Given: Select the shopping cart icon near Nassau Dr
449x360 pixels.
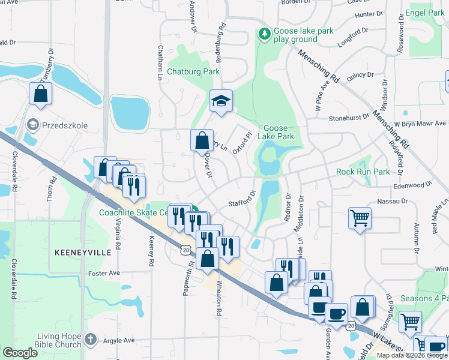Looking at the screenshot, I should [360, 217].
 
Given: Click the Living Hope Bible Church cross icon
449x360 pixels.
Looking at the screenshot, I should [90, 340].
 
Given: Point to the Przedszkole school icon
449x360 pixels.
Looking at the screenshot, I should [33, 124].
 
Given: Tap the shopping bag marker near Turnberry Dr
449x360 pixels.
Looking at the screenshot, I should [40, 94].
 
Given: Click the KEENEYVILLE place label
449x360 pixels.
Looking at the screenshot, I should [83, 253].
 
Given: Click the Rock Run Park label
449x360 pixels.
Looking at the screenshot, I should [363, 172].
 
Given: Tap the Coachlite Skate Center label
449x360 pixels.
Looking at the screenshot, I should [134, 212].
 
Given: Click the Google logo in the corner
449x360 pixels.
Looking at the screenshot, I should [20, 353].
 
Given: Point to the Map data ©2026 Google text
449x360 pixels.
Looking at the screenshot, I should [411, 355].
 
